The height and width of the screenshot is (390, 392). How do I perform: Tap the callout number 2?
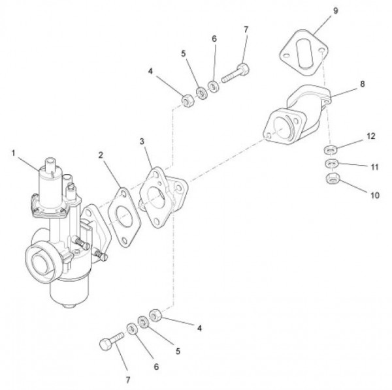point(101,155)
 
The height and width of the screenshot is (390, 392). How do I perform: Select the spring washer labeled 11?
point(331,164)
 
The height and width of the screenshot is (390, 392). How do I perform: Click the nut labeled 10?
point(331,178)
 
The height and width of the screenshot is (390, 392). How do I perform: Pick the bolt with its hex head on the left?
point(112,342)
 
